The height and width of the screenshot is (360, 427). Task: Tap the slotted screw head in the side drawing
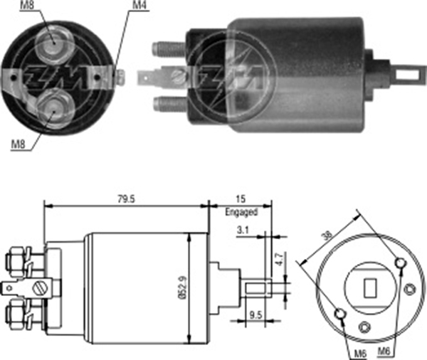point(41,289)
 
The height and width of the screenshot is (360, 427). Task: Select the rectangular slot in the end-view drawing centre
point(370,288)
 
